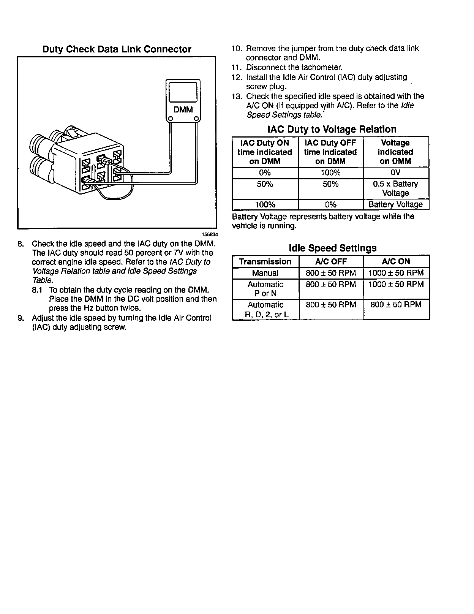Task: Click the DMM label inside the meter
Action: point(183,110)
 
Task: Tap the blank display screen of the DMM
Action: point(183,92)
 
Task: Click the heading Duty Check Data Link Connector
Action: point(117,49)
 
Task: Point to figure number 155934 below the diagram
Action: point(210,234)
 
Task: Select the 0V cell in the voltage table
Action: point(395,173)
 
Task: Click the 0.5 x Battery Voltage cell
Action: point(395,188)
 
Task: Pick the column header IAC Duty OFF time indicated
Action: point(330,152)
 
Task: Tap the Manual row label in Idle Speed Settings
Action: point(265,273)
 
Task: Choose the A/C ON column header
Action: point(396,261)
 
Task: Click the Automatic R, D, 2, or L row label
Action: point(265,310)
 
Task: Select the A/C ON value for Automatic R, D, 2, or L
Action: point(396,305)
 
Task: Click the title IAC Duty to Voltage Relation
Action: point(332,130)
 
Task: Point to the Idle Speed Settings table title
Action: point(332,248)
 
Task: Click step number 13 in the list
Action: point(237,96)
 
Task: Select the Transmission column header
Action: point(265,262)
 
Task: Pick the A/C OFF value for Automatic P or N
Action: point(331,285)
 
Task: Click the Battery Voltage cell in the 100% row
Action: point(395,205)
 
